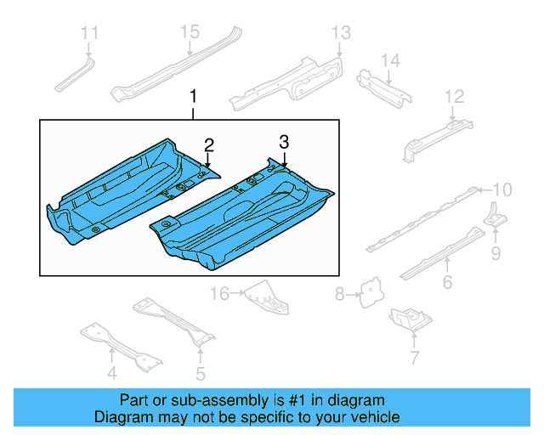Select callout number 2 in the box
tap(208, 144)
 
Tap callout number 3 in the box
tap(285, 141)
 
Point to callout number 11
tap(89, 33)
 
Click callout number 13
tap(340, 33)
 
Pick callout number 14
tap(389, 60)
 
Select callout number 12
tap(455, 96)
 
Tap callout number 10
tap(503, 189)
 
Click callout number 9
tap(495, 252)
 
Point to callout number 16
tap(220, 294)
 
